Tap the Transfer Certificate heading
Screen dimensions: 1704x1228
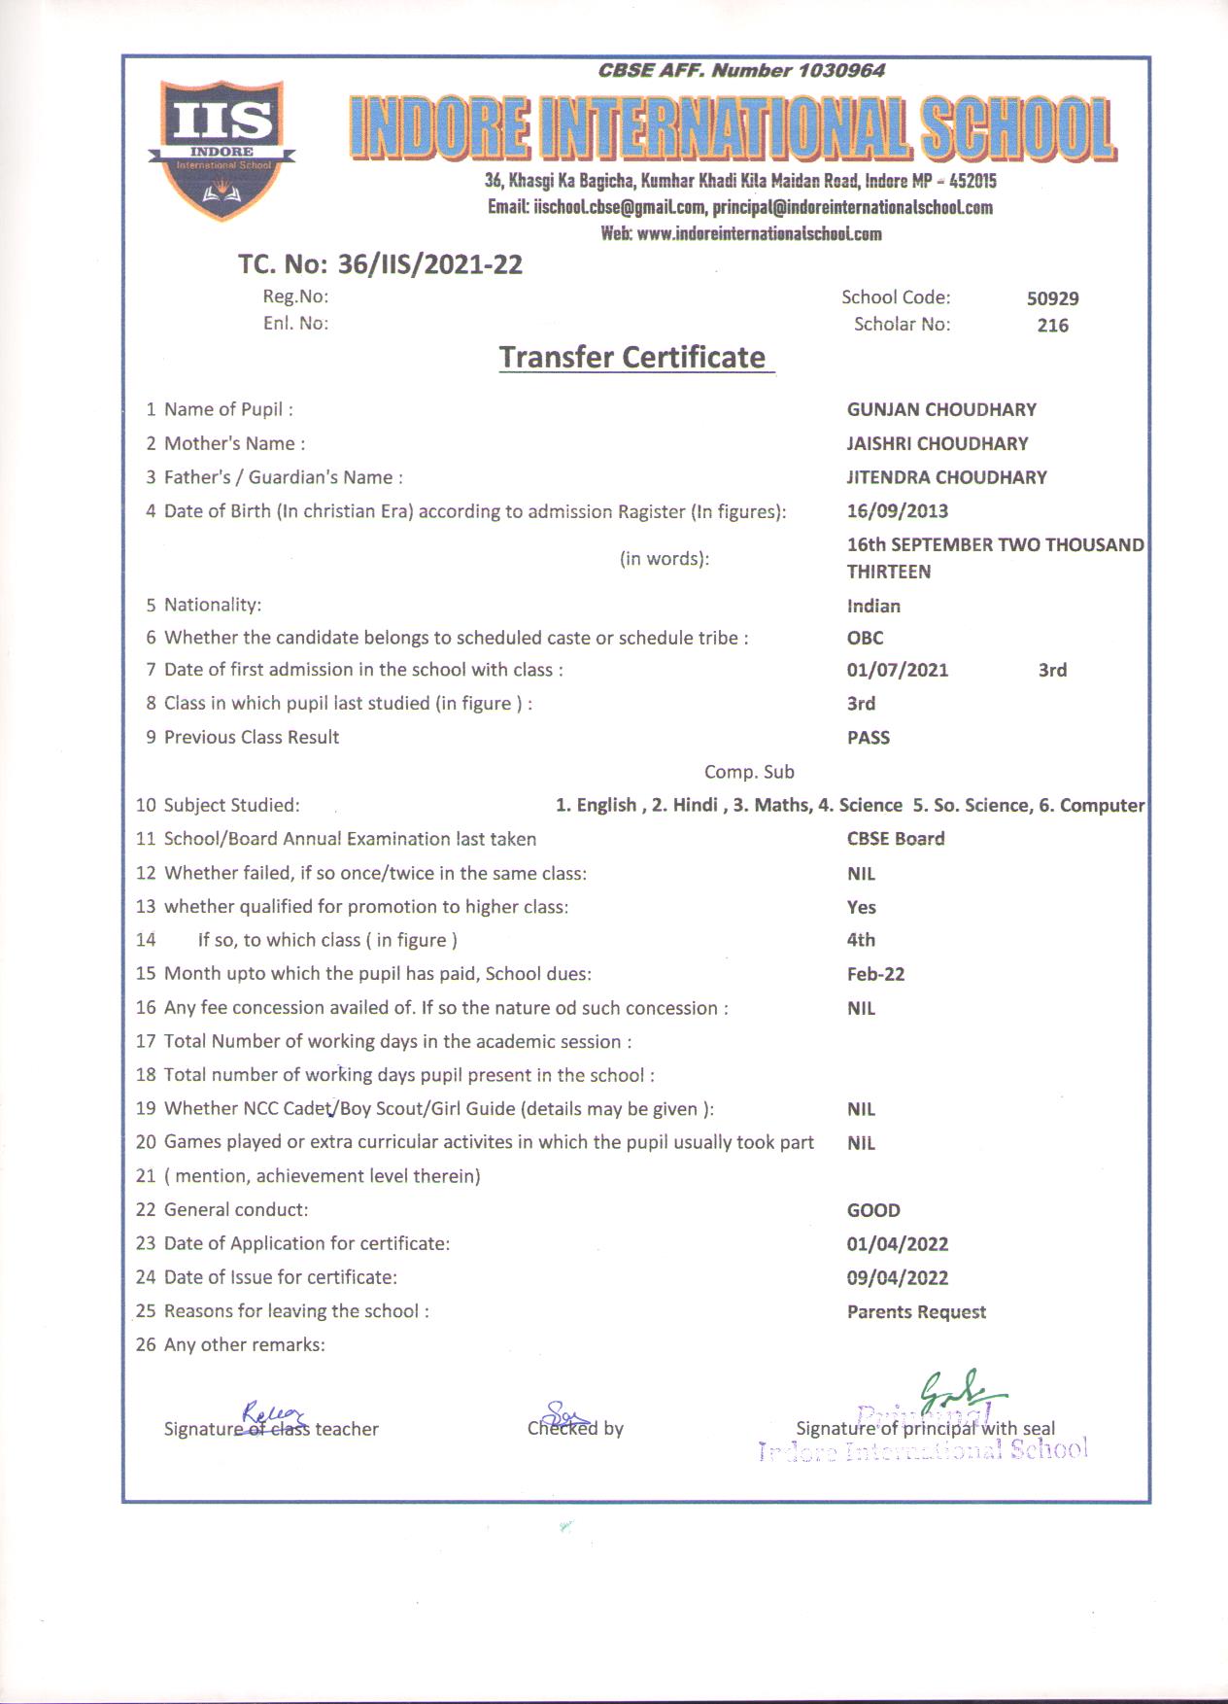632,357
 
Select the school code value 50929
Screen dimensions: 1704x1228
1052,298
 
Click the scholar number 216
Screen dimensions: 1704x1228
1052,326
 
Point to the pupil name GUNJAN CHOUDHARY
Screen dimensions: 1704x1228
940,409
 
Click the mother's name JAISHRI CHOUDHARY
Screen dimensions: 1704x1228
937,443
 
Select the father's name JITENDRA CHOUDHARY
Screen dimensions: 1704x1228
946,477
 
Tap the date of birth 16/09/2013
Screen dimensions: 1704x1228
897,511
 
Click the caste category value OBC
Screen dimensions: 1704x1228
865,639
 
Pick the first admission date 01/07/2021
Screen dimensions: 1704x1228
897,670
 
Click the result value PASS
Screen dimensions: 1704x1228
868,738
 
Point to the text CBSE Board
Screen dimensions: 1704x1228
895,839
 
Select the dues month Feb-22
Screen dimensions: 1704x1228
875,974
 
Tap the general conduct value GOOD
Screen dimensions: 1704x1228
872,1210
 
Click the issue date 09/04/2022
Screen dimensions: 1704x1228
897,1278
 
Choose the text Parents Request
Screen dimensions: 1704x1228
915,1312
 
